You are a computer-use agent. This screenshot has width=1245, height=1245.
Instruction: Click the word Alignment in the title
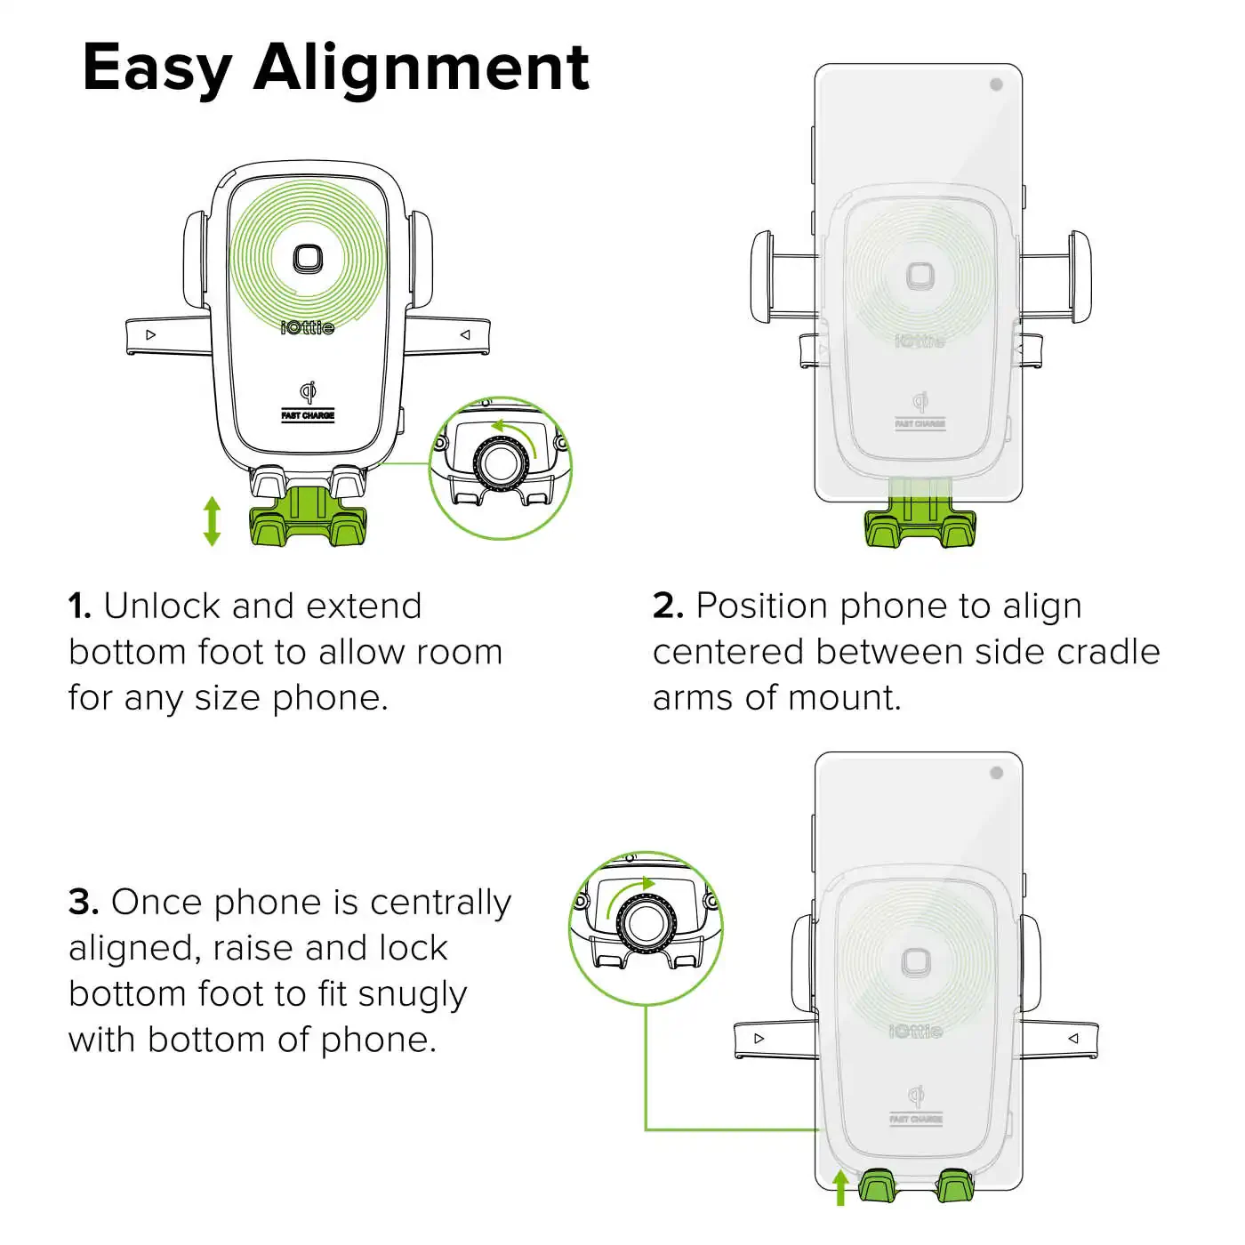[x=422, y=68]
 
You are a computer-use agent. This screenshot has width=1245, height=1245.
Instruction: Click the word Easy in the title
[x=157, y=69]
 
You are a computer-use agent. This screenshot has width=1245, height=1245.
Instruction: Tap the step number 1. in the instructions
[x=80, y=606]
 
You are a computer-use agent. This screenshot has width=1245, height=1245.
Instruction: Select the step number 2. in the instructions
[x=668, y=606]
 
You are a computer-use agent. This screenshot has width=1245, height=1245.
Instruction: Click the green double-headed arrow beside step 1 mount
[x=212, y=521]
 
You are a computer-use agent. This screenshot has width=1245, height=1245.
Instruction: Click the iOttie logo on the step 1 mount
[x=308, y=327]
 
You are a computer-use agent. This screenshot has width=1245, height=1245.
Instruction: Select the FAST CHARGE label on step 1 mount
[x=308, y=415]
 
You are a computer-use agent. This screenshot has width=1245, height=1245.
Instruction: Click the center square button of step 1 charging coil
[x=308, y=260]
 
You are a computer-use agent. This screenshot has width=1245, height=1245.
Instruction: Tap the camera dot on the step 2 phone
[x=996, y=84]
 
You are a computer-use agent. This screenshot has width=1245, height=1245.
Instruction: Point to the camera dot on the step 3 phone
[x=996, y=773]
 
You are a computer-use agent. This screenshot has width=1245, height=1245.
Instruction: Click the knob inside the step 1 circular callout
[x=501, y=463]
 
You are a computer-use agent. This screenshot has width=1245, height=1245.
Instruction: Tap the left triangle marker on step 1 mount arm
[x=151, y=335]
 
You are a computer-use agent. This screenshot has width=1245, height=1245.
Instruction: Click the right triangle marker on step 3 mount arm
[x=1073, y=1038]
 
